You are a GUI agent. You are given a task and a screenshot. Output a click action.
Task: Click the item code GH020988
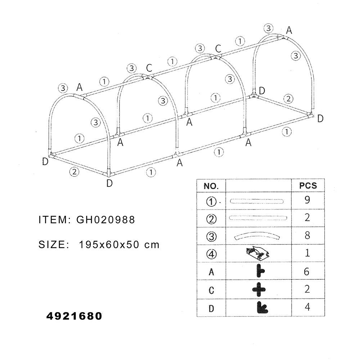pos(105,220)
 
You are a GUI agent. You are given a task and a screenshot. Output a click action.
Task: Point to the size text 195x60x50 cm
pos(119,244)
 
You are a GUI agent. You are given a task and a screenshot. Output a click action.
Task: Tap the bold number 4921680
pos(74,316)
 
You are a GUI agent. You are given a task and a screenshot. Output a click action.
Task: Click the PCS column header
pos(308,186)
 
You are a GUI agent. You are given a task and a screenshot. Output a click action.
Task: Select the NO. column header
pos(211,186)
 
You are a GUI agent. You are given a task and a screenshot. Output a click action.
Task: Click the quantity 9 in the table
pos(307,200)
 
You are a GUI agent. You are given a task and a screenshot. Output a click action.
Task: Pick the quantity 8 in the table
pos(307,235)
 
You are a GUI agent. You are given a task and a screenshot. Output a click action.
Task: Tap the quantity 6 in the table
pos(307,271)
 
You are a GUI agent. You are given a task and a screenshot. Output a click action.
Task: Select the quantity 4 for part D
pos(307,307)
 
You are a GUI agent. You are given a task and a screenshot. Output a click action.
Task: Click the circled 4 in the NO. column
pos(211,254)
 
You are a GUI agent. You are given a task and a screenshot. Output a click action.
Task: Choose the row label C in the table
pos(211,290)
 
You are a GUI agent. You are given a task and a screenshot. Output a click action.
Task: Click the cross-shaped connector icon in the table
pos(259,289)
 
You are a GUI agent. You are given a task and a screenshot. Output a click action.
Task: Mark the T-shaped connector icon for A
pos(260,271)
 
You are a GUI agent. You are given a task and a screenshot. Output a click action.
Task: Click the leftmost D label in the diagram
pos(45,162)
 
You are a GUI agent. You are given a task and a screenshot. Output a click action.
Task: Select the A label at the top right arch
pos(289,30)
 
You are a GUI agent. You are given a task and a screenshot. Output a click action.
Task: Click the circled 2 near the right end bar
pos(288,99)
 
